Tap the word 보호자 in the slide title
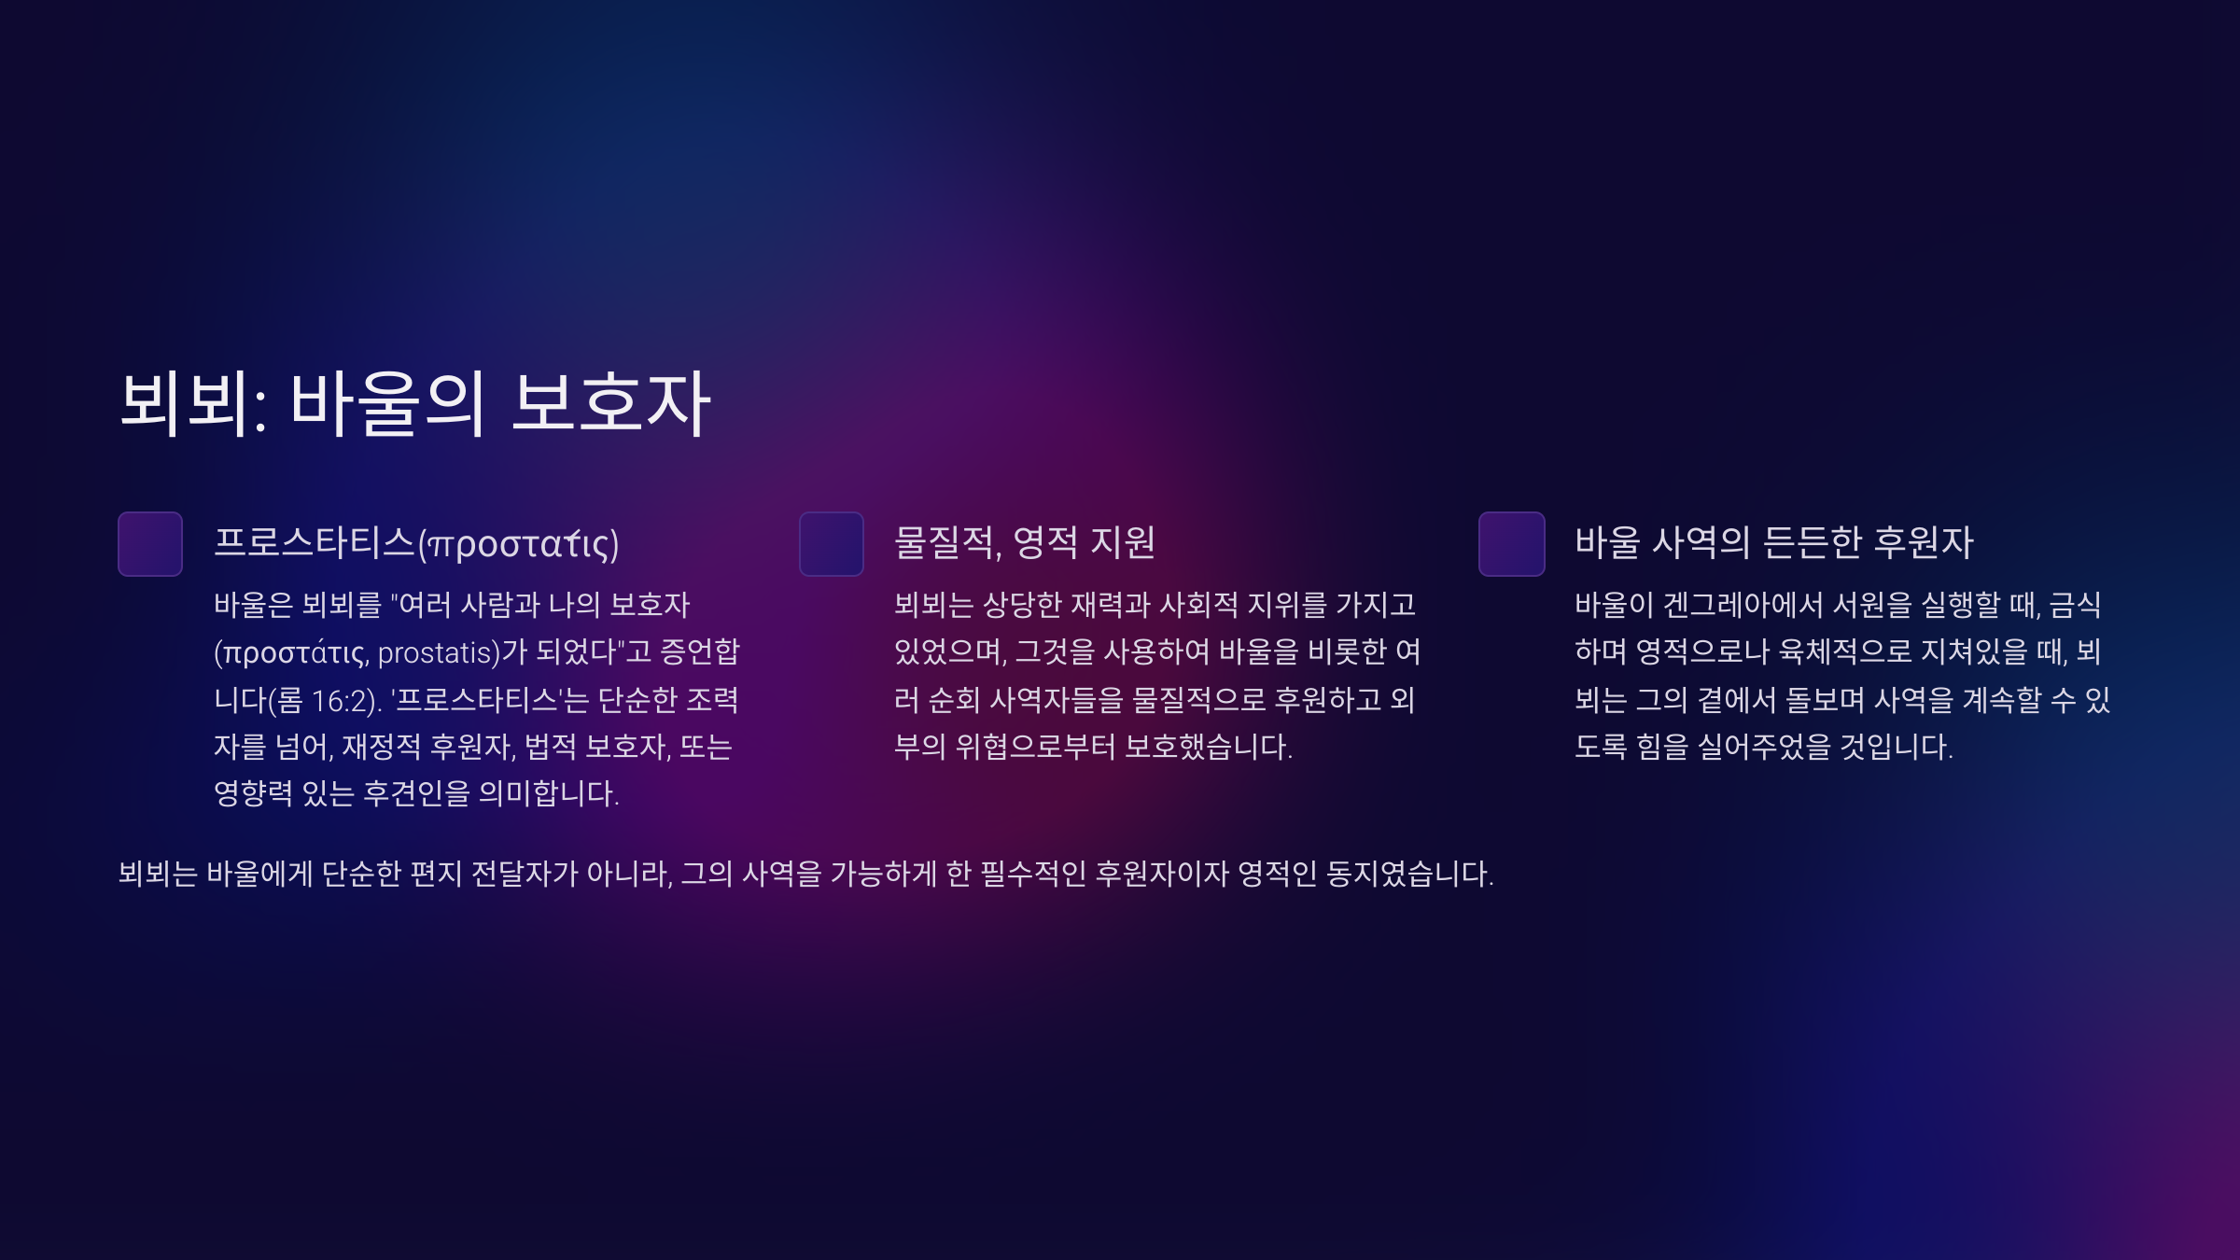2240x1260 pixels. tap(611, 403)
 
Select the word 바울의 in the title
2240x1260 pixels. tap(387, 403)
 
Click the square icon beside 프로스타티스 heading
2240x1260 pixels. tap(150, 544)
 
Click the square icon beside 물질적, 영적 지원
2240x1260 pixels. tap(832, 544)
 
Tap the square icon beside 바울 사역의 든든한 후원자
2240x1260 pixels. tap(1512, 544)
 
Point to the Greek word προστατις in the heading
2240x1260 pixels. tap(518, 544)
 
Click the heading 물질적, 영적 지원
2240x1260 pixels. tap(1025, 542)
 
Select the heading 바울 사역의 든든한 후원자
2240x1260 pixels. tap(1774, 542)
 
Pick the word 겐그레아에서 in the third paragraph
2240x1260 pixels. tap(1743, 605)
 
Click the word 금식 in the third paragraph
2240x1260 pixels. tap(2075, 605)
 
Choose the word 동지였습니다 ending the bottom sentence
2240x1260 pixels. tap(1409, 874)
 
